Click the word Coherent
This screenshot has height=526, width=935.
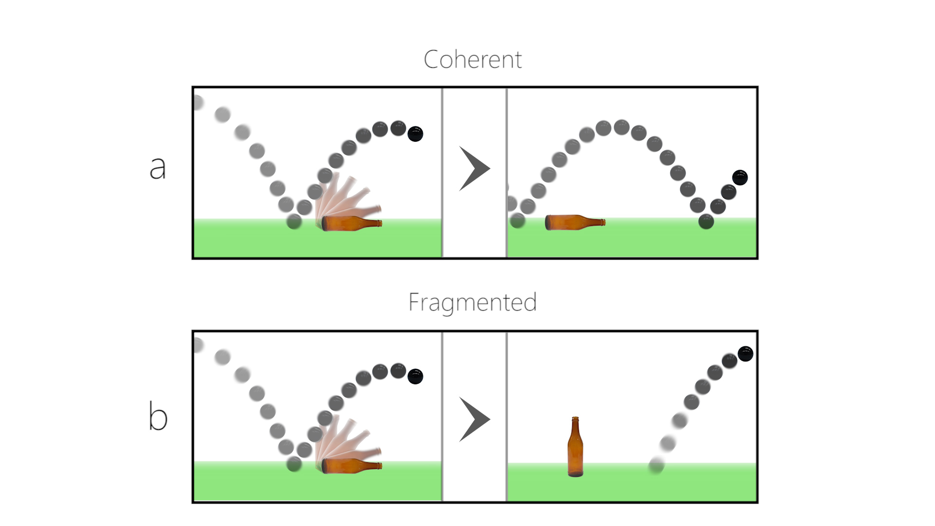[472, 60]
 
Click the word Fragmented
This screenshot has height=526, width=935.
[472, 302]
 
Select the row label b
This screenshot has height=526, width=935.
[158, 417]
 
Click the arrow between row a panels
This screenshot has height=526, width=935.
[474, 169]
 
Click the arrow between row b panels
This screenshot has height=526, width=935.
[474, 419]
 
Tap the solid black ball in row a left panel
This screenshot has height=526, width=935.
[415, 134]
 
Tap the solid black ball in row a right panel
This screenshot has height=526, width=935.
[740, 177]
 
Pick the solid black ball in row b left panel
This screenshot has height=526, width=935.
[415, 376]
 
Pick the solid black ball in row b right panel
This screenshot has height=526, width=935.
[746, 354]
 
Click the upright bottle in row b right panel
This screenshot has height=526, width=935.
[575, 448]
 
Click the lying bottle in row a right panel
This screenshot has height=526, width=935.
[575, 223]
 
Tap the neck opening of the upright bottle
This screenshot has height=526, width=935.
[575, 418]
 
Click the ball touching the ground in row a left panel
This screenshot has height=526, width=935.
[294, 222]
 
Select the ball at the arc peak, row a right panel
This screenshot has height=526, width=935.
[621, 127]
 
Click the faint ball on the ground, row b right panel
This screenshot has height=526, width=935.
[656, 466]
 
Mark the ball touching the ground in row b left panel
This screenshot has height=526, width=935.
[294, 464]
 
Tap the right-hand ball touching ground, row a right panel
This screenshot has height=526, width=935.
[706, 222]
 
